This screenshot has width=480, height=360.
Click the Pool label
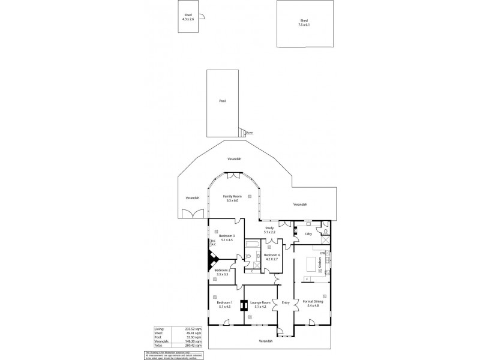point(222,101)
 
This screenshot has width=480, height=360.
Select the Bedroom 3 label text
point(226,236)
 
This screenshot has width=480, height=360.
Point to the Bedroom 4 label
point(272,256)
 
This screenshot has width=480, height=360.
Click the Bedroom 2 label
point(222,287)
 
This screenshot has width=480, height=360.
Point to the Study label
point(269,229)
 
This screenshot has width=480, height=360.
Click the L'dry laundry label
point(308,234)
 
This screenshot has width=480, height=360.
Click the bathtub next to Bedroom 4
point(253,245)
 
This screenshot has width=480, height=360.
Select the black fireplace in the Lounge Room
point(243,304)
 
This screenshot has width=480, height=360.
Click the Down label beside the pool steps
point(249,133)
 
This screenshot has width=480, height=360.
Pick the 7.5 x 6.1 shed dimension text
point(304,25)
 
